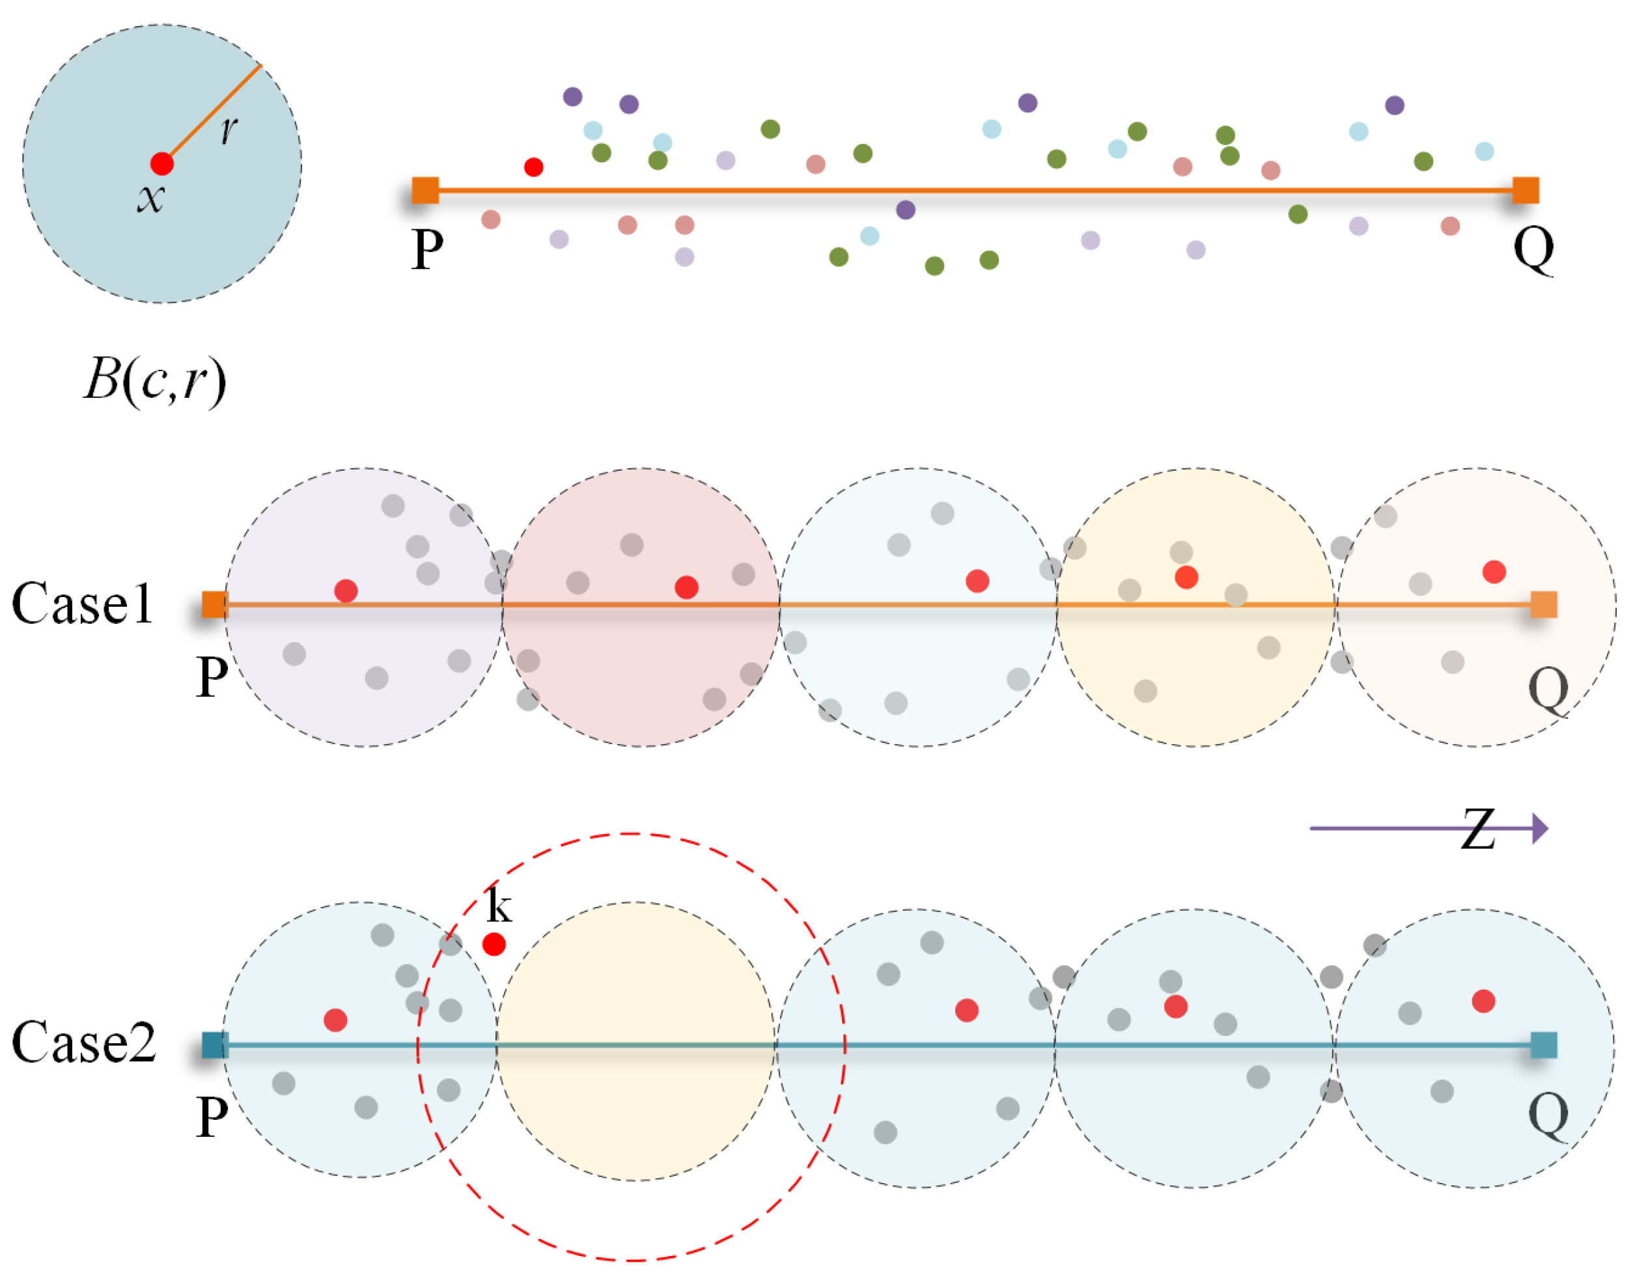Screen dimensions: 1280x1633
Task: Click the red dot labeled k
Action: point(494,944)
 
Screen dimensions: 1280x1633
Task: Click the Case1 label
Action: point(83,604)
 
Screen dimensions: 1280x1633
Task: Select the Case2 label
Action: point(84,1042)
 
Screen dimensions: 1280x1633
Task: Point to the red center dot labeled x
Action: point(162,163)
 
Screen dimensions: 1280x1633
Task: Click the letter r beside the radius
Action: point(229,130)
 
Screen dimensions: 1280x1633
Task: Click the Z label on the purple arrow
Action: point(1477,829)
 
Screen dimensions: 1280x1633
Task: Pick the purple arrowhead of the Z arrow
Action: point(1540,828)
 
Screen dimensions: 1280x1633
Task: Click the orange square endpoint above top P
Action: point(425,190)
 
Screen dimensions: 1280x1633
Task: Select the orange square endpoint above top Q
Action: point(1525,190)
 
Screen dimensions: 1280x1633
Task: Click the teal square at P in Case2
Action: point(215,1045)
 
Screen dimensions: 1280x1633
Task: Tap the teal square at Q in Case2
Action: point(1543,1045)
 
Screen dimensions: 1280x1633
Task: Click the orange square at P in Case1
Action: point(215,604)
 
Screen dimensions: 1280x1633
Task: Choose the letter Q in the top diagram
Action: point(1533,249)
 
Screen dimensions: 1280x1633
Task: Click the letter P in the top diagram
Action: point(427,249)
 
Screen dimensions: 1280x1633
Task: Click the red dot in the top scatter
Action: point(534,167)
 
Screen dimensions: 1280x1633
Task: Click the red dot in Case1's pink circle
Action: point(686,587)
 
